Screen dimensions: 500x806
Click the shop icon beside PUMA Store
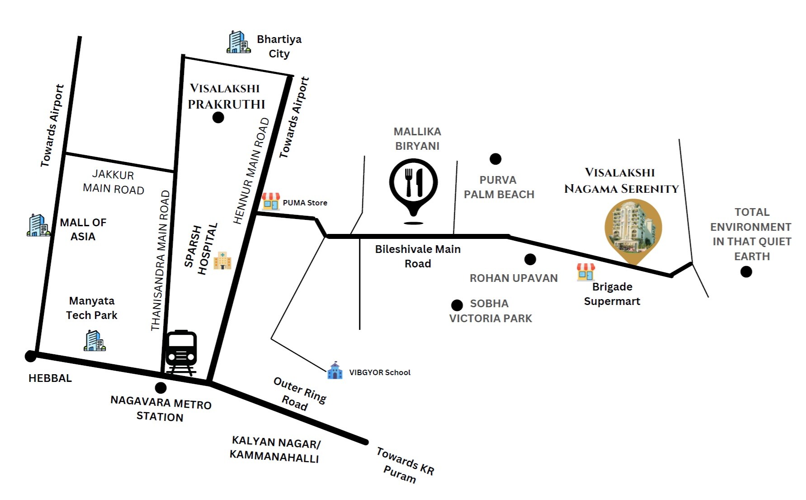[270, 201]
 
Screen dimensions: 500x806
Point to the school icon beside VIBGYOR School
[335, 371]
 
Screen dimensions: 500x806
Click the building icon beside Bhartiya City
[238, 42]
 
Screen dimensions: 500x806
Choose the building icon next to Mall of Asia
[38, 225]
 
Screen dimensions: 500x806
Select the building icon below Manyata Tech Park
[94, 341]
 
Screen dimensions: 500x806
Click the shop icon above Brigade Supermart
[585, 272]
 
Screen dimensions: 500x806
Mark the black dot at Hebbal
[30, 356]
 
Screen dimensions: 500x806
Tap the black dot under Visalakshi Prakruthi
[218, 118]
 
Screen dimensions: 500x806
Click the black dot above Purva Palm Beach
[495, 159]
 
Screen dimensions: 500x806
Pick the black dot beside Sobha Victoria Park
[457, 305]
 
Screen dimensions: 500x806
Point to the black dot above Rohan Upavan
[530, 259]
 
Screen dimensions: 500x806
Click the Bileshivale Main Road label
[418, 256]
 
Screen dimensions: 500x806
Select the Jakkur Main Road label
[113, 182]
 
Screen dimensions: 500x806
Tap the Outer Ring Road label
[299, 394]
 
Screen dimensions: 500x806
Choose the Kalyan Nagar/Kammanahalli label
[275, 449]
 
